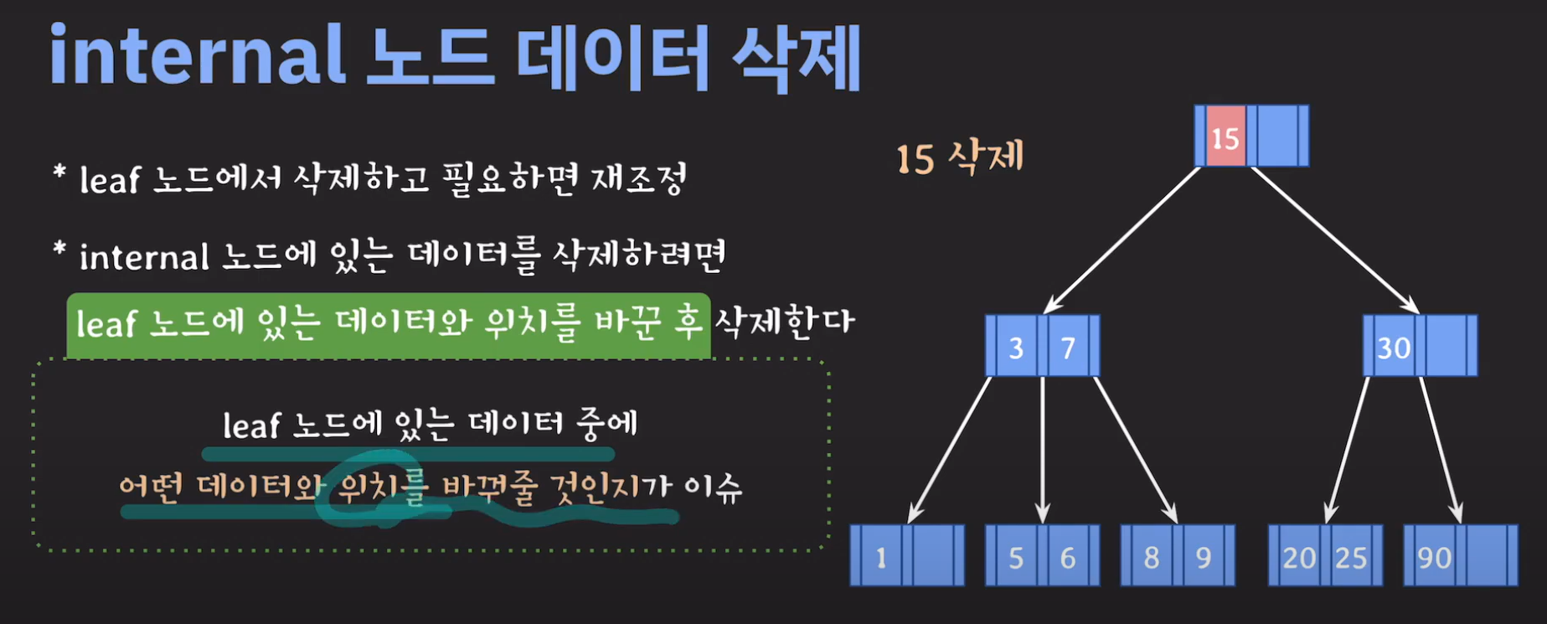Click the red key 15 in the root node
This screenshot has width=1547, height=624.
(1225, 137)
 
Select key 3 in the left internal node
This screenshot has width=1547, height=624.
(1016, 347)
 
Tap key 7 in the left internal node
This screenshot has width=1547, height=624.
(1068, 347)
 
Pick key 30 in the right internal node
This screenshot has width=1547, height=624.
(1394, 347)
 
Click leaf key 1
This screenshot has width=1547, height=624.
(880, 557)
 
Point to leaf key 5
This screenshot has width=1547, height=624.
(1016, 557)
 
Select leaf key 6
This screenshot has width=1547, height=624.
(1068, 557)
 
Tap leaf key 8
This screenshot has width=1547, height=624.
(1152, 557)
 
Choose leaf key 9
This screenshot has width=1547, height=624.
(1204, 557)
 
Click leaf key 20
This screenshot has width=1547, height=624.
(1299, 557)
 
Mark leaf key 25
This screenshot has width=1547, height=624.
(1351, 557)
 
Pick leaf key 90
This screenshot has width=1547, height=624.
(1434, 557)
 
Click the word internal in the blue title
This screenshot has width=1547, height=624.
(198, 57)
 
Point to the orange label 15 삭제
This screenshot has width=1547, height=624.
(960, 157)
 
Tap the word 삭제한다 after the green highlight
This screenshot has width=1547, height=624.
(784, 322)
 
